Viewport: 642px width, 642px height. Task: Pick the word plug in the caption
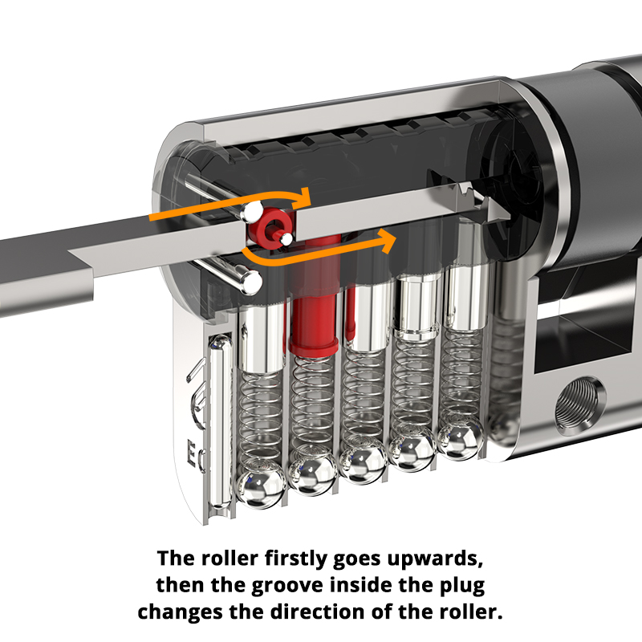(463, 584)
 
